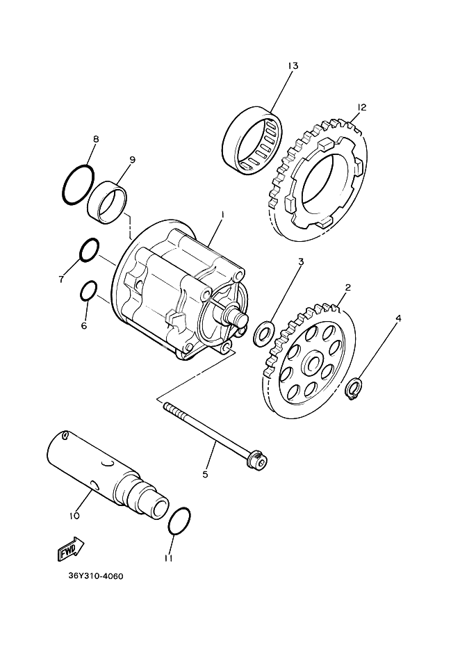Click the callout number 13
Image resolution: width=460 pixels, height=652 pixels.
click(291, 65)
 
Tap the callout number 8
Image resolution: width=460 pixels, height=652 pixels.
click(96, 139)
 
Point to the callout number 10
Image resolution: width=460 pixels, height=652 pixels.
click(74, 515)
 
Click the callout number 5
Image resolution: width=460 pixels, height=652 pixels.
click(205, 474)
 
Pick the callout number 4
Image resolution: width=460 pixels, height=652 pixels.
click(398, 319)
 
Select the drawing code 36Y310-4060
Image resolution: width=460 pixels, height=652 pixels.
click(95, 576)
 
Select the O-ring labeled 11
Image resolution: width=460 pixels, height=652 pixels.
click(179, 521)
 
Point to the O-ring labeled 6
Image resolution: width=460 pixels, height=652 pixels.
click(88, 291)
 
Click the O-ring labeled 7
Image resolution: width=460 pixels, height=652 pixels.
click(88, 250)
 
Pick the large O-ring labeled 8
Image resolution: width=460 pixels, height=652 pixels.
click(77, 185)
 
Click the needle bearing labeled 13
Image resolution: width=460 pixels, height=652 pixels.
click(252, 141)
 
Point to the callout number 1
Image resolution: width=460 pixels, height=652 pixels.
click(223, 215)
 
